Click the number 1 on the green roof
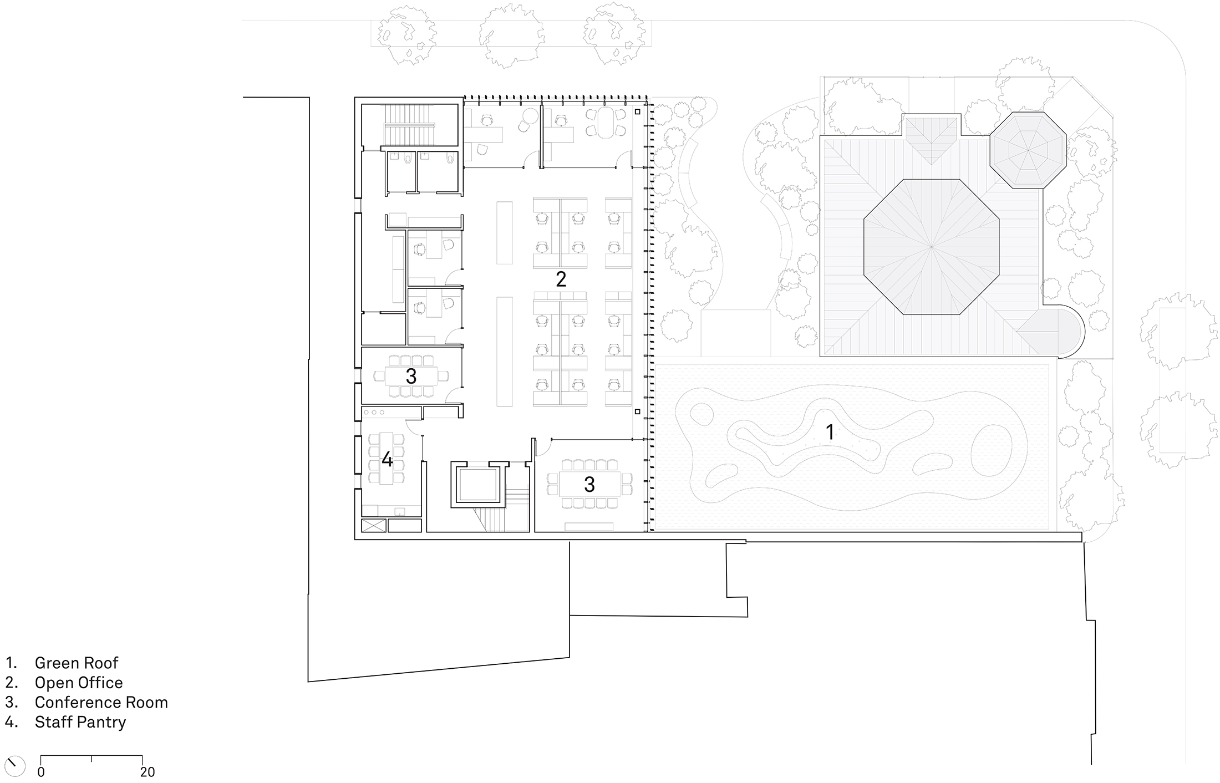click(830, 432)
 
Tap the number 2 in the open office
click(561, 279)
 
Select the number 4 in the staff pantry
click(387, 459)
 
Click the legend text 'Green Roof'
click(77, 663)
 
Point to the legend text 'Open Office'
click(78, 683)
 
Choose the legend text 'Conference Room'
click(101, 702)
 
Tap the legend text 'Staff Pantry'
click(80, 722)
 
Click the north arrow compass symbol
click(15, 766)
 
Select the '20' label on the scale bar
click(148, 772)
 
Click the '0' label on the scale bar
click(41, 772)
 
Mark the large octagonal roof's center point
click(932, 246)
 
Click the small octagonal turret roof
click(1028, 150)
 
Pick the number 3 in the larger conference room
click(589, 485)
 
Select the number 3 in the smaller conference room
click(411, 376)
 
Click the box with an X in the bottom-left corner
click(373, 525)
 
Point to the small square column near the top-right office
click(638, 112)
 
